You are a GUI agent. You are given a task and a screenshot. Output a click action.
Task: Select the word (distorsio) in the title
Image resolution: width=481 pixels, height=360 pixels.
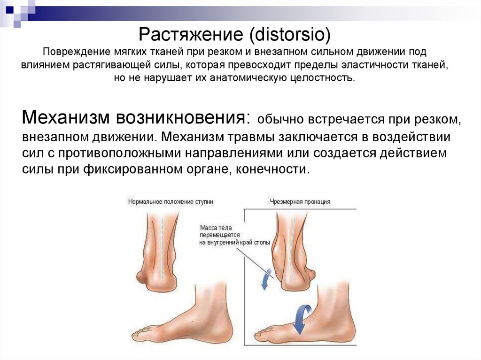click(x=290, y=34)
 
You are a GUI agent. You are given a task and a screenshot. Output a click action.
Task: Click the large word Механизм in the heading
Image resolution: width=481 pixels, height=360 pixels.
click(x=66, y=117)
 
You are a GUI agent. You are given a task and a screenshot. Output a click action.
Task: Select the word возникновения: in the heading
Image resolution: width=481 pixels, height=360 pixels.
click(x=183, y=117)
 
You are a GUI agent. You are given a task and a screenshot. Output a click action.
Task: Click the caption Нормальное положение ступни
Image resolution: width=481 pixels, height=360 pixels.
click(x=171, y=202)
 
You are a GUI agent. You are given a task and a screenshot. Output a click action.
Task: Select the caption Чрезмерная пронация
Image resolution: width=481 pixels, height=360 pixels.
click(x=300, y=202)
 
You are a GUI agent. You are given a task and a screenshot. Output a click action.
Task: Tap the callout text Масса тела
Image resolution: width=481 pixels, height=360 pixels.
click(x=216, y=228)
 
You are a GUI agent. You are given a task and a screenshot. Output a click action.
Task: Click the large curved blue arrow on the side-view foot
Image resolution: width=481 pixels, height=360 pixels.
click(x=301, y=319)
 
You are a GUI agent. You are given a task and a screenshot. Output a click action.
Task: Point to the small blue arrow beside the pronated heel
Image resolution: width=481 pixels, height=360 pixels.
click(x=266, y=279)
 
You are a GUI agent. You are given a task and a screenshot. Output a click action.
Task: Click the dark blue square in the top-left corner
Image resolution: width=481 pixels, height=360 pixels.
click(x=10, y=9)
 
